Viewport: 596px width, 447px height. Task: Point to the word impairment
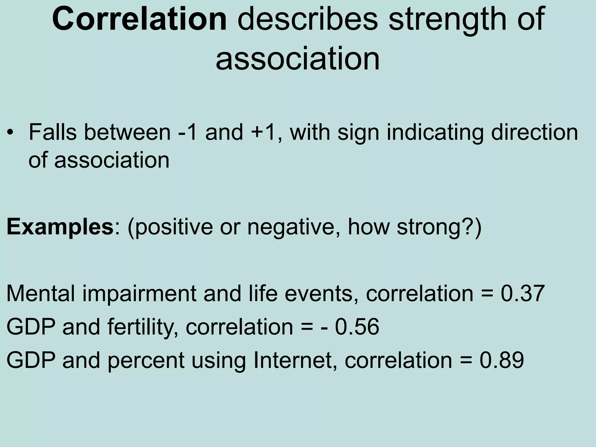point(139,294)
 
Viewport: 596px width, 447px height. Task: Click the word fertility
point(143,327)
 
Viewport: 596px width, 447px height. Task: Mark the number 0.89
point(501,360)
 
